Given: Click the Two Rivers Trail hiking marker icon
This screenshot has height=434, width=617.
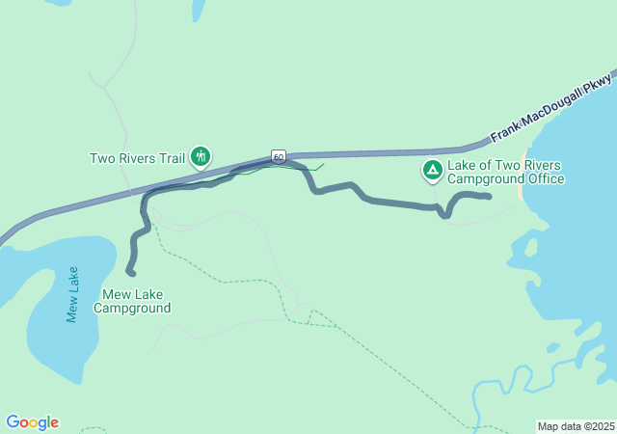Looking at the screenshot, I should (201, 156).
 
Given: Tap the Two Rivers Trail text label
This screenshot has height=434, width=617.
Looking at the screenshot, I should (137, 158).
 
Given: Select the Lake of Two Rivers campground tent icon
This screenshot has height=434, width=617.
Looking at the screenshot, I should (433, 171).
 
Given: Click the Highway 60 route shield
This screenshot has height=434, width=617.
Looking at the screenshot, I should (278, 155).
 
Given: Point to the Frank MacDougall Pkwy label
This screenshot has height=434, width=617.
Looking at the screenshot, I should (551, 104).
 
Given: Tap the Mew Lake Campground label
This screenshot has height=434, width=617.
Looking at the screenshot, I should (132, 302).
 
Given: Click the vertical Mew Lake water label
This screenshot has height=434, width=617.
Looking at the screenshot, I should (72, 294).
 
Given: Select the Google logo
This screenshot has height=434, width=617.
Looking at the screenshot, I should (32, 422).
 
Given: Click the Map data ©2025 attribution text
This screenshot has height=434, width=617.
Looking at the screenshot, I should (575, 426).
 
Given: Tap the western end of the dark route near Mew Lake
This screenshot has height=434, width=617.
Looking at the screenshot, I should (131, 273).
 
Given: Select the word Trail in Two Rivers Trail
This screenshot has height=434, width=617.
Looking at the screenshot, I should (171, 158).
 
